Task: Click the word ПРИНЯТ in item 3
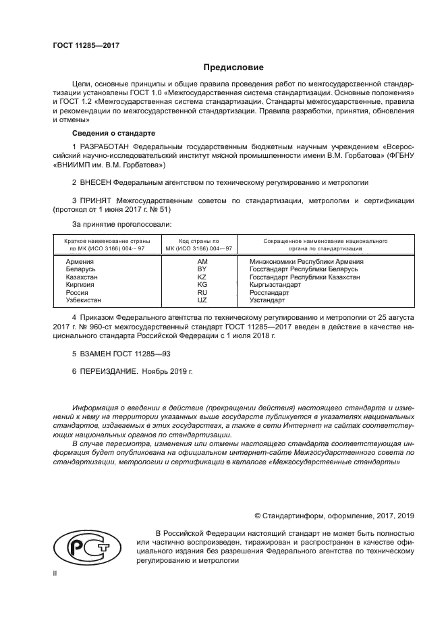(95, 201)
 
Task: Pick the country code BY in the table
(202, 269)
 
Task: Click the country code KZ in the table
(202, 277)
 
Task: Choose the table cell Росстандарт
(269, 293)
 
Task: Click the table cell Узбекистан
(83, 300)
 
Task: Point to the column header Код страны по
(199, 241)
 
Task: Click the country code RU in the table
(202, 293)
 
